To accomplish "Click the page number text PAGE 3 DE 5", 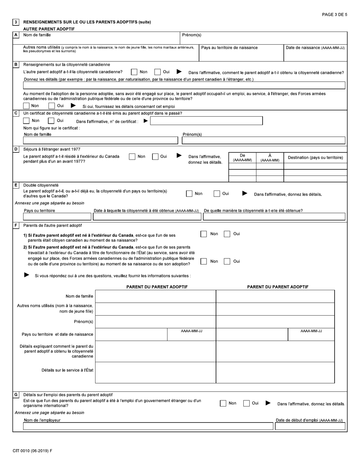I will [x=334, y=15].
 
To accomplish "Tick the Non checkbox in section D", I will [x=132, y=157].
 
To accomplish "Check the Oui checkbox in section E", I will [x=217, y=194].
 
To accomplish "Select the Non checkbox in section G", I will [x=223, y=403].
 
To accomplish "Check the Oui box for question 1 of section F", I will [x=227, y=234].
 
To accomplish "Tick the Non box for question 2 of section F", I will [x=203, y=261].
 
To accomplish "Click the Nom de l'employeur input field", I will [x=148, y=427].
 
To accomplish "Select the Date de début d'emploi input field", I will [x=310, y=427].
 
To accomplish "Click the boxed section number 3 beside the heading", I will [x=16, y=22].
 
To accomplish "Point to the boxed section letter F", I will [x=16, y=225].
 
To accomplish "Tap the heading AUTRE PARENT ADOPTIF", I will [x=49, y=29].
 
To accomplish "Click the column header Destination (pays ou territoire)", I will [x=315, y=158].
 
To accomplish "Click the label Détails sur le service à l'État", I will [x=67, y=370].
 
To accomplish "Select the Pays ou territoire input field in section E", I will [x=57, y=217].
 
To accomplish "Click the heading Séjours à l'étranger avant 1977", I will [x=52, y=149].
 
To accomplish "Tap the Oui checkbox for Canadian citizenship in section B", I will [x=157, y=72].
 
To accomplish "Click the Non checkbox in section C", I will [x=26, y=121].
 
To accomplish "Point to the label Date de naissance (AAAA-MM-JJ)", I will [x=315, y=48].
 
